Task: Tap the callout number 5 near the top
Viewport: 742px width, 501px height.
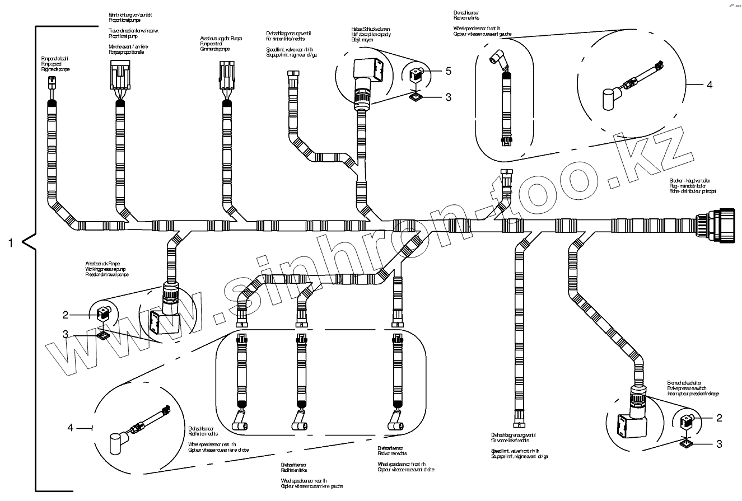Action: (448, 71)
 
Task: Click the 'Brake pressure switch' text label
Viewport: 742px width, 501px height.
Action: (684, 388)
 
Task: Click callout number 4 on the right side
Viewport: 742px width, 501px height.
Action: (709, 85)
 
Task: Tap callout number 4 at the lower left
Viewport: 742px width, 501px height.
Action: (71, 428)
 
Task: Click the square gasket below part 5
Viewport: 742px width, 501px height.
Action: (415, 97)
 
